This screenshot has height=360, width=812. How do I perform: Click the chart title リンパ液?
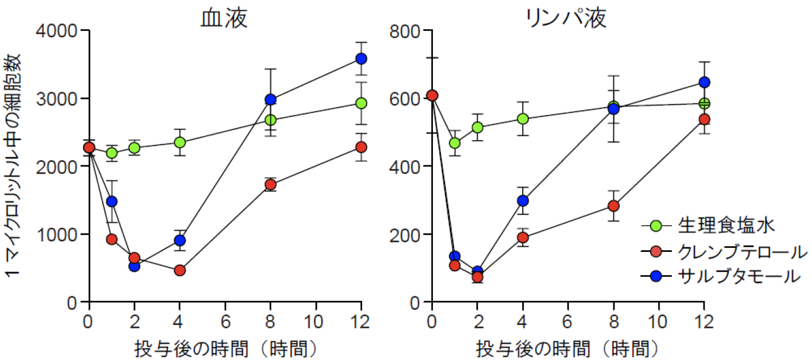(x=565, y=18)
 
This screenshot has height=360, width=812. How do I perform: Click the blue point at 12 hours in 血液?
(x=361, y=58)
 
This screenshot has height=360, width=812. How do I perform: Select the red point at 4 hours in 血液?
(x=180, y=270)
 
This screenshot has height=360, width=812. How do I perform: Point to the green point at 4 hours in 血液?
(x=180, y=142)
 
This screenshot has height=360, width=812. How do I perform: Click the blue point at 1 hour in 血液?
(x=112, y=202)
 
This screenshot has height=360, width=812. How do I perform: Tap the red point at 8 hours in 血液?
(x=270, y=185)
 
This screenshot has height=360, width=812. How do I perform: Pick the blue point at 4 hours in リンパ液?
(x=523, y=200)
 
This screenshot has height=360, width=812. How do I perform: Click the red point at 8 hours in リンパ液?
(x=613, y=206)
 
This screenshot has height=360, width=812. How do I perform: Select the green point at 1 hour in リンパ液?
(x=454, y=143)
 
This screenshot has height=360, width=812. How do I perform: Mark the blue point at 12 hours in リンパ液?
(x=704, y=82)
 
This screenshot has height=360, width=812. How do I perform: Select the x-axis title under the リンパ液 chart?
(x=565, y=348)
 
